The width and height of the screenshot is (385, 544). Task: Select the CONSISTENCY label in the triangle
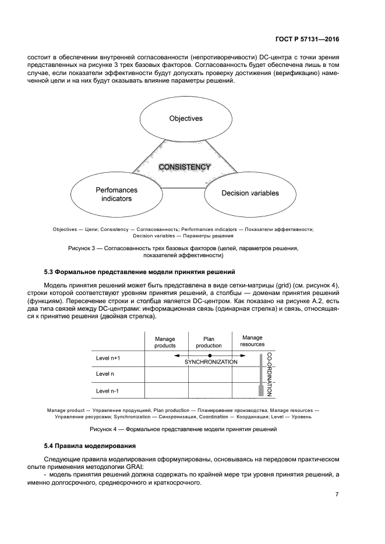click(x=185, y=167)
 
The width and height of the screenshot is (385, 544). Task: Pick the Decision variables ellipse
click(x=250, y=193)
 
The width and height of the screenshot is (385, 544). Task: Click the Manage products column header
click(x=165, y=342)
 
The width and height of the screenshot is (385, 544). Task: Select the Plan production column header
click(x=209, y=342)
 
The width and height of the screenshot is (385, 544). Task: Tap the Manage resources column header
click(x=252, y=341)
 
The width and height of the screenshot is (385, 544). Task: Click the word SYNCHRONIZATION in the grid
click(x=211, y=362)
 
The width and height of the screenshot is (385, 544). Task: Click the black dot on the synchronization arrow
click(x=210, y=355)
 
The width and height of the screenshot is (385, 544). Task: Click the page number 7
click(x=337, y=495)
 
